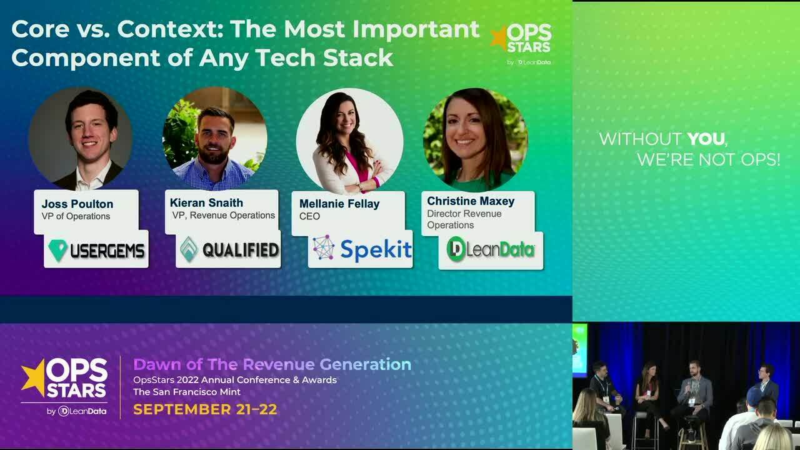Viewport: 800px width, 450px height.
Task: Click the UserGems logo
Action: pyautogui.click(x=96, y=250)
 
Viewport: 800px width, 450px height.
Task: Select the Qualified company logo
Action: pyautogui.click(x=229, y=250)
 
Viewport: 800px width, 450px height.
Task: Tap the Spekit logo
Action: pyautogui.click(x=361, y=249)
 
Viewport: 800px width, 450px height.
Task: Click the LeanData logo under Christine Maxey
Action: pyautogui.click(x=491, y=250)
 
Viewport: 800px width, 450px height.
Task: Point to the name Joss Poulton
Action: pyautogui.click(x=77, y=204)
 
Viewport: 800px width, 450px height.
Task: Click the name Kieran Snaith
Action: pyautogui.click(x=206, y=202)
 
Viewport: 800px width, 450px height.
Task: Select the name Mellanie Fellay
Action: pyautogui.click(x=339, y=203)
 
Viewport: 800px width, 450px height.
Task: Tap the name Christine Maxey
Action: pyautogui.click(x=471, y=201)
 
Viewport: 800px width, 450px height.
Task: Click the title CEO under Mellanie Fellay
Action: pyautogui.click(x=309, y=216)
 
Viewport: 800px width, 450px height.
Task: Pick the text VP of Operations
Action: pyautogui.click(x=76, y=216)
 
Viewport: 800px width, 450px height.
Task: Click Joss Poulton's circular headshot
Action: pyautogui.click(x=81, y=139)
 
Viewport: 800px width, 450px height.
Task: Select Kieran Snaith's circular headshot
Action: pyautogui.click(x=214, y=139)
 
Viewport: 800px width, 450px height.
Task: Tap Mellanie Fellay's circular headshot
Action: pyautogui.click(x=349, y=141)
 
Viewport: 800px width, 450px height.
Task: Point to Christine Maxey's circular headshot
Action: pyautogui.click(x=475, y=140)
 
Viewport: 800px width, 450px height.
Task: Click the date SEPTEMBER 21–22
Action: pyautogui.click(x=205, y=409)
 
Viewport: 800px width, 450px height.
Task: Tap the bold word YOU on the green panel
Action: pyautogui.click(x=706, y=139)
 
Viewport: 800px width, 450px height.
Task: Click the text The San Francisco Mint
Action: pyautogui.click(x=187, y=392)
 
